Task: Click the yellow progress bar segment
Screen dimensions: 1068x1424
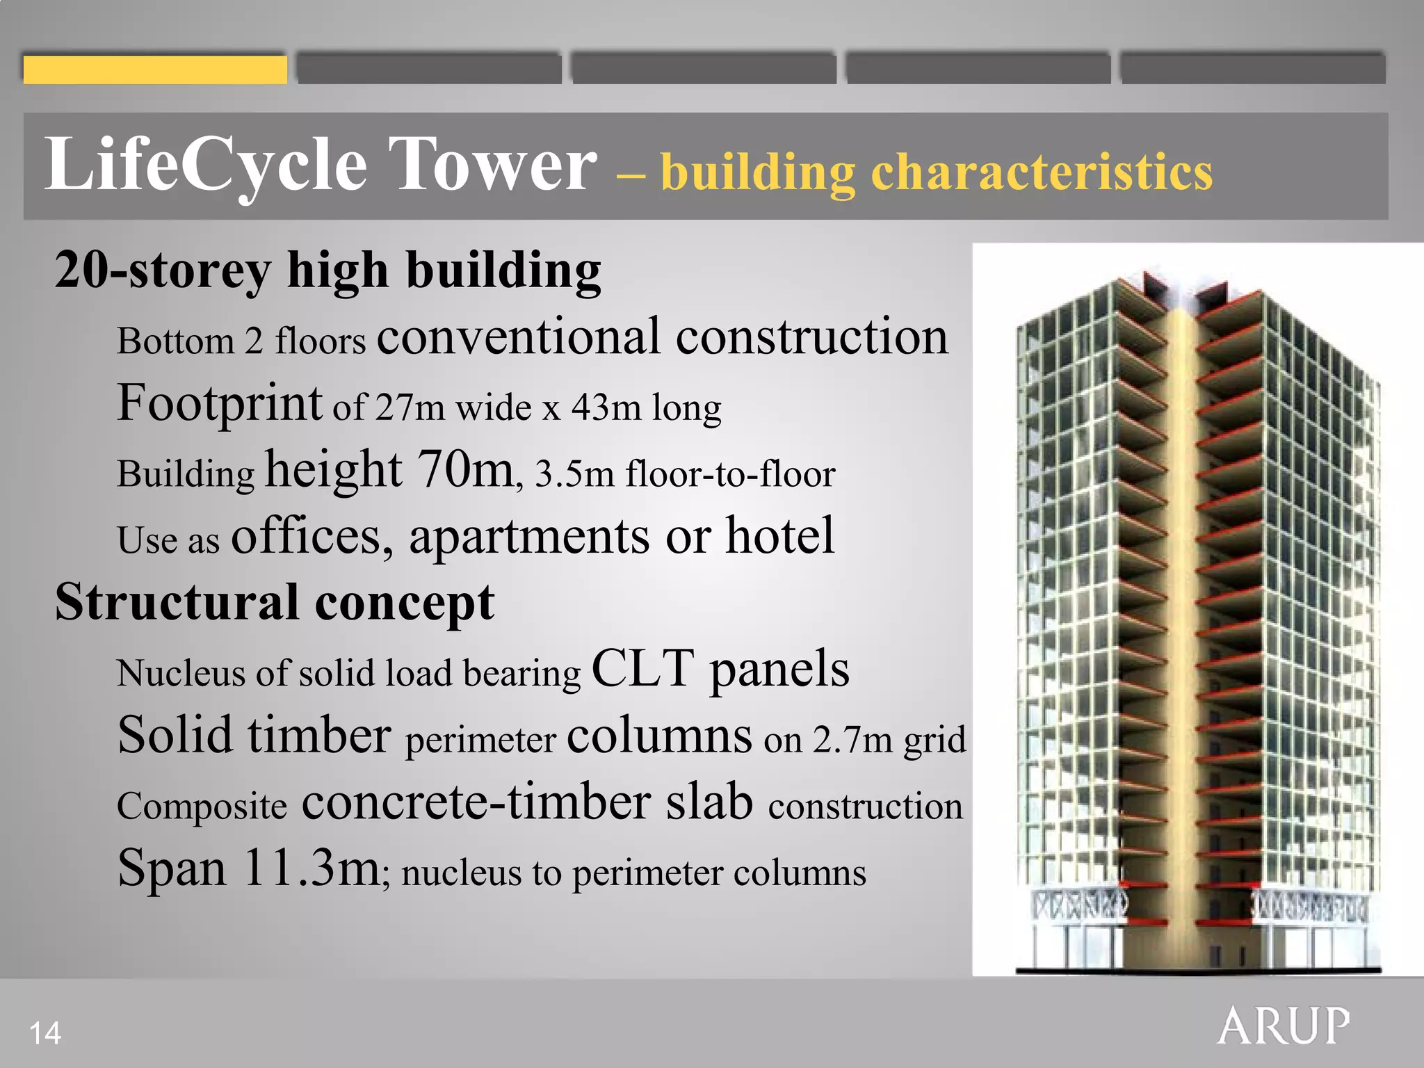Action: (x=155, y=70)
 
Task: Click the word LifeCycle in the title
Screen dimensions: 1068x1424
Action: (x=206, y=165)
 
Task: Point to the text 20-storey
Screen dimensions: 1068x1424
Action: (x=163, y=271)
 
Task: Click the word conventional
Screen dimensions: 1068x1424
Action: (x=518, y=337)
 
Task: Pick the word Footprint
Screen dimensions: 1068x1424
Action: (x=219, y=403)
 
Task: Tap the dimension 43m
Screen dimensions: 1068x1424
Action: (x=606, y=407)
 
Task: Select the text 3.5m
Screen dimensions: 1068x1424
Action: (x=574, y=474)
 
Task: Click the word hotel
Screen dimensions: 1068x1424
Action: (x=779, y=535)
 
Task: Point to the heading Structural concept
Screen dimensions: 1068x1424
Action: (x=275, y=602)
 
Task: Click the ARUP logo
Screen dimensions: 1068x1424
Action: (x=1284, y=1026)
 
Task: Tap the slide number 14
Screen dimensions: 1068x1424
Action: (x=45, y=1033)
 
